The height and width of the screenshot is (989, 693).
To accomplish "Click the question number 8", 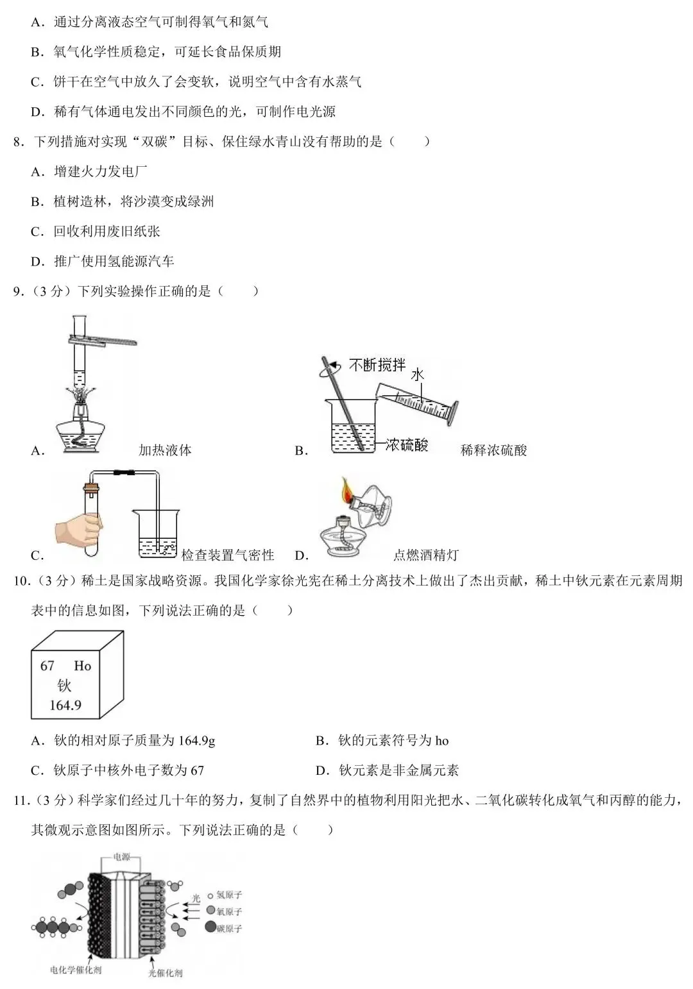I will [x=19, y=142].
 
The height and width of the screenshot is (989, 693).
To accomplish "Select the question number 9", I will [x=19, y=291].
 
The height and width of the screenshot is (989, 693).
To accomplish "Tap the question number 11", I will [x=21, y=800].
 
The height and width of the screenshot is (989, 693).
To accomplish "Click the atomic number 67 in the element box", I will [x=47, y=666].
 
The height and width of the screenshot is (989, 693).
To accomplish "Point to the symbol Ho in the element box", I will [x=83, y=666].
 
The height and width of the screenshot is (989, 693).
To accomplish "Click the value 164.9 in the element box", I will [x=65, y=706].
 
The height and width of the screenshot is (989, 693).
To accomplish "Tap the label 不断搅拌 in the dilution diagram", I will [x=377, y=366].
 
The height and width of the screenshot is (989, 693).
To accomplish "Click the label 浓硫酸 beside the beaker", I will [x=406, y=444].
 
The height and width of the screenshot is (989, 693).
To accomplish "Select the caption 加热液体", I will [x=165, y=450].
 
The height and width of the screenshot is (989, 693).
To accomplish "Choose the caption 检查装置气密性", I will [x=228, y=555].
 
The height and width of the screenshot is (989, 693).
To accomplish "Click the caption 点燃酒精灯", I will [x=426, y=555].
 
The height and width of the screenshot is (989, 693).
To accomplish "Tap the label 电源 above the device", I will [x=122, y=857].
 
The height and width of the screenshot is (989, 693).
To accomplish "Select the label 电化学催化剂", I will [x=76, y=970].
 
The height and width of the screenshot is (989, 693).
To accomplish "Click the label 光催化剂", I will [x=165, y=973].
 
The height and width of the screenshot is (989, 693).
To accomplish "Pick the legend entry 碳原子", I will [x=228, y=928].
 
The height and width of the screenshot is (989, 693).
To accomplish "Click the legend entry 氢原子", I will [x=228, y=895].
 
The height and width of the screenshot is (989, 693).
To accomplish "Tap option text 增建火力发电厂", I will [x=101, y=172].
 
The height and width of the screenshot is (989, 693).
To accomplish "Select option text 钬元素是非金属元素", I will [x=398, y=770].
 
